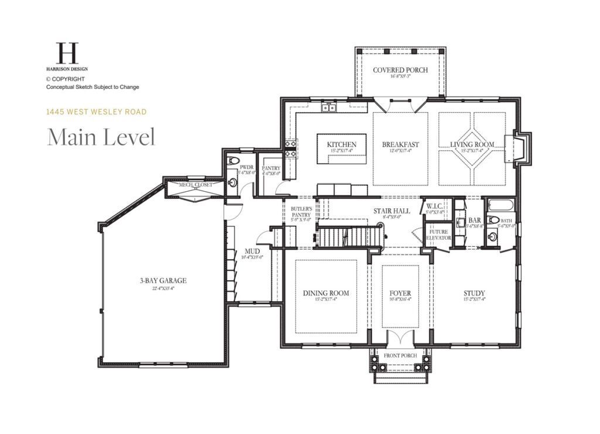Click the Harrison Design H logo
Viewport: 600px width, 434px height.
coord(67,53)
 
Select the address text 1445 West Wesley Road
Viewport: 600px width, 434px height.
coord(97,112)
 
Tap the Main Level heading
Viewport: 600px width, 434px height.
coord(101,137)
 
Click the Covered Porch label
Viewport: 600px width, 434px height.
coord(400,70)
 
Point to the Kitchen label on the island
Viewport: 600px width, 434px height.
coord(342,144)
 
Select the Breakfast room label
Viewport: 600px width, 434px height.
coord(400,144)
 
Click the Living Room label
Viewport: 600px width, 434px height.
coord(472,144)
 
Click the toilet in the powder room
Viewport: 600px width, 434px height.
coord(234,161)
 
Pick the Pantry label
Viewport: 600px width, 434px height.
coord(271,168)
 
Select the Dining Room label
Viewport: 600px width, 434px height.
coord(326,293)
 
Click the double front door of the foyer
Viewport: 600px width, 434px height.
coord(400,339)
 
